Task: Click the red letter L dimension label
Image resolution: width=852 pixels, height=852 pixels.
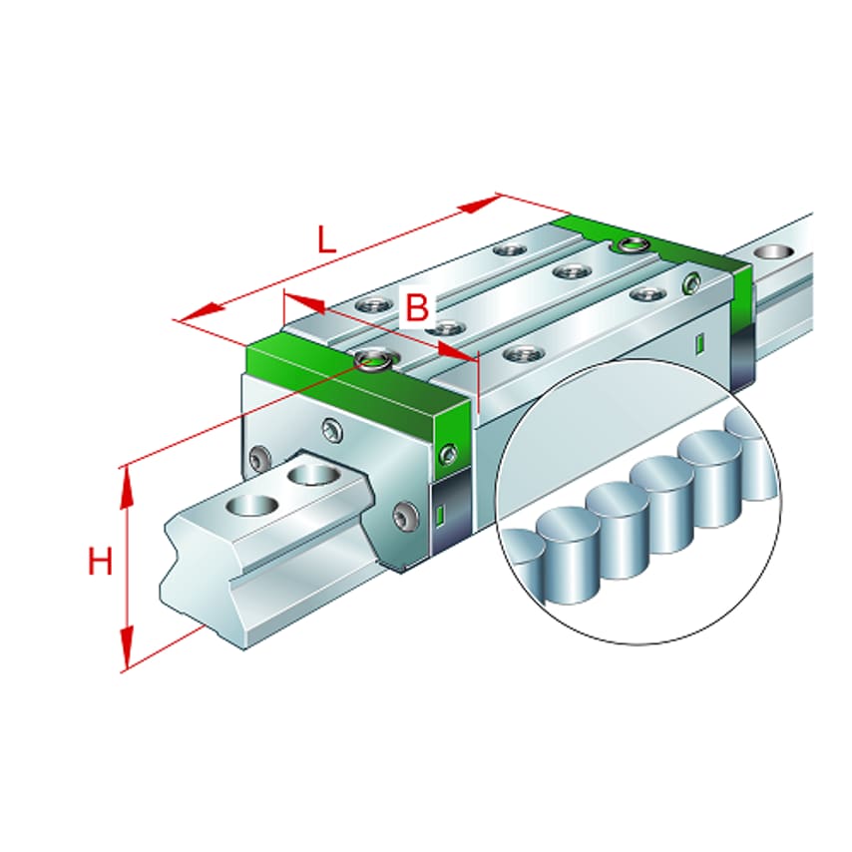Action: point(326,240)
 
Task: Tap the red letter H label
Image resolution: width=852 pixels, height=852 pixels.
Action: point(100,563)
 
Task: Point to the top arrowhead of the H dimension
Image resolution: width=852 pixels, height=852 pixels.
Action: point(127,483)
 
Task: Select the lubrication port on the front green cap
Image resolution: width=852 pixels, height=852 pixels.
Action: point(374,359)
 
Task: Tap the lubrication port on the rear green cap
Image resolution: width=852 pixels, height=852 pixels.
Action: point(630,244)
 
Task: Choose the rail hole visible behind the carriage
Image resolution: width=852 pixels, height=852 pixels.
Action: point(768,250)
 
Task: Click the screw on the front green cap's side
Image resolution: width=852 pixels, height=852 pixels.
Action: point(448,454)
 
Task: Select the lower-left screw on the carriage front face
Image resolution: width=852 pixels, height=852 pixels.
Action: point(260,459)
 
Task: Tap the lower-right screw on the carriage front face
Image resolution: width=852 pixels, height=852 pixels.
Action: point(405,515)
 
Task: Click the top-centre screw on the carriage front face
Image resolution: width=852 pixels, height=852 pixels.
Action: point(331,430)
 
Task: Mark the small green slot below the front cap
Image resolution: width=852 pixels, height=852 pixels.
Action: point(439,516)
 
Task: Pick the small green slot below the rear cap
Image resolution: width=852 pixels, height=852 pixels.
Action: point(699,344)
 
